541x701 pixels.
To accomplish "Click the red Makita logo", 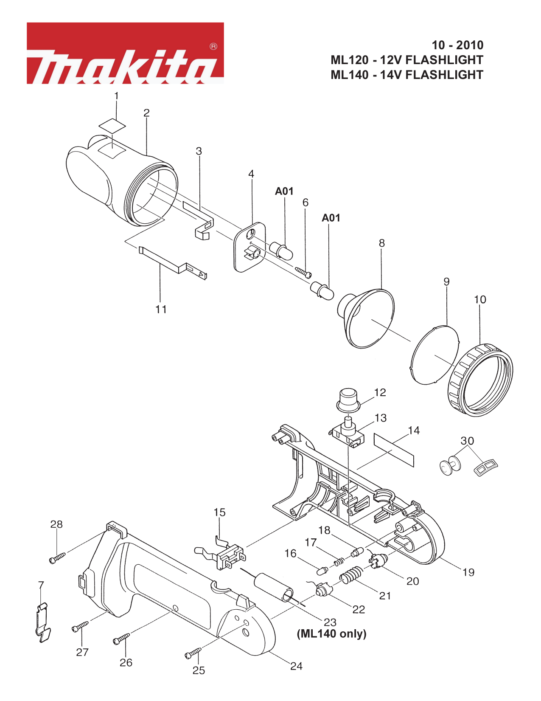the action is coord(125,53).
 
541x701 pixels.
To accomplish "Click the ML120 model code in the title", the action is coord(350,60).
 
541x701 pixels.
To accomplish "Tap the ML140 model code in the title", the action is coord(350,75).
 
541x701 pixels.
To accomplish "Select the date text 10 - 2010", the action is coord(457,45).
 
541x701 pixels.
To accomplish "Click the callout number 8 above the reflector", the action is coord(382,243).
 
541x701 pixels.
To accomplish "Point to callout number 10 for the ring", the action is coord(480,300).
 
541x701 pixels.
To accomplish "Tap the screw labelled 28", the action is coord(58,558).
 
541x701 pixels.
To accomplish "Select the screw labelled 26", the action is coord(121,639).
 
